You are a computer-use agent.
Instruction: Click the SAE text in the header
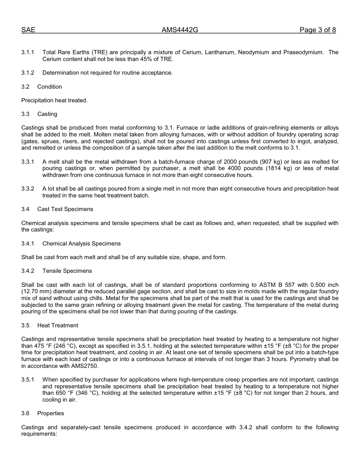point(28,30)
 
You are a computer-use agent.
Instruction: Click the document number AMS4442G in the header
point(180,30)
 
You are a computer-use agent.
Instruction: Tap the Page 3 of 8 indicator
point(318,30)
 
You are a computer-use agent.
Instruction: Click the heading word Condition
point(50,87)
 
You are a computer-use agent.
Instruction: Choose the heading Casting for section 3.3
point(47,114)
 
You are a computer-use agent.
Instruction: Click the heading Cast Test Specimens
point(65,209)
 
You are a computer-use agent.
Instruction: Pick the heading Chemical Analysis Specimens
point(81,244)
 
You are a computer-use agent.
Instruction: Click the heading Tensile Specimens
point(67,271)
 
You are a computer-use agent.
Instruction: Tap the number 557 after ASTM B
point(302,285)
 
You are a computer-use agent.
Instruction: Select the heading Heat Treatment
point(58,325)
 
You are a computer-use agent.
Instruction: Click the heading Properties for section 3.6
point(51,413)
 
